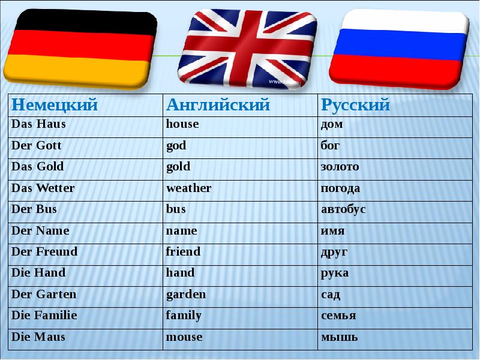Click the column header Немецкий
tap(55, 106)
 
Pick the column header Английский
tap(218, 106)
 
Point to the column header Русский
tap(355, 106)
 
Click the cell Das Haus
tap(38, 125)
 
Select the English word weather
tap(188, 188)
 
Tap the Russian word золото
tap(340, 167)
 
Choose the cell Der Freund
tap(44, 252)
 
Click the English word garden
tap(185, 295)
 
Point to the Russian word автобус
tap(343, 209)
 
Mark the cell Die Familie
tap(44, 316)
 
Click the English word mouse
tap(184, 337)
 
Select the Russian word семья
tap(338, 316)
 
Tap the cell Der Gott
tap(37, 146)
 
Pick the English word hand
tap(180, 273)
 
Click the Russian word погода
tap(340, 188)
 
